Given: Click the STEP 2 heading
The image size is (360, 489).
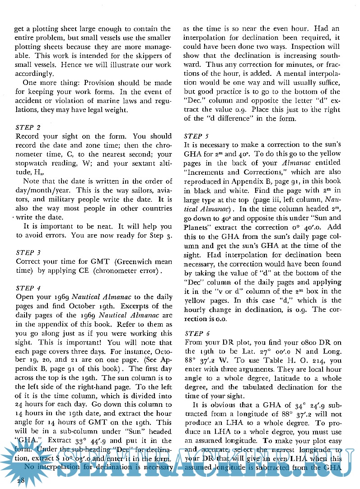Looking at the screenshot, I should pos(28,127).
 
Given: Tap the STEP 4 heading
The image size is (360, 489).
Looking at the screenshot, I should pos(28,288).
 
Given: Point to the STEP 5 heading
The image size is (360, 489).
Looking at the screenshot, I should pos(197,135).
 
